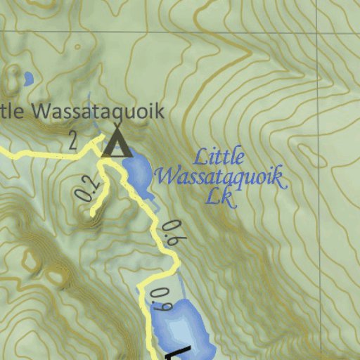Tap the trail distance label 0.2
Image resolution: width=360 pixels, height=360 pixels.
click(86, 188)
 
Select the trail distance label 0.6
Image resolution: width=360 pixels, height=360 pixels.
click(169, 233)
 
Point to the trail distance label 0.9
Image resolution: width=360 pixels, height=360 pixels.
click(161, 299)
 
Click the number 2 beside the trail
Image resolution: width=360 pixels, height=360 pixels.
click(73, 140)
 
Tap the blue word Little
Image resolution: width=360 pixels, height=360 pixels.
click(219, 156)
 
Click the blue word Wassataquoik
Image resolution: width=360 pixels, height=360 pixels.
click(219, 176)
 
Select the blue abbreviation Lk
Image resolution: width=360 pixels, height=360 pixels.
click(219, 196)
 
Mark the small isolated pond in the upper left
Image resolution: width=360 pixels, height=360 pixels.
click(27, 79)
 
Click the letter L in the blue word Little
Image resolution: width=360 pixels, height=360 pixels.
click(199, 156)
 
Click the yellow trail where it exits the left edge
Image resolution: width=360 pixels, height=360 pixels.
click(2, 150)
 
